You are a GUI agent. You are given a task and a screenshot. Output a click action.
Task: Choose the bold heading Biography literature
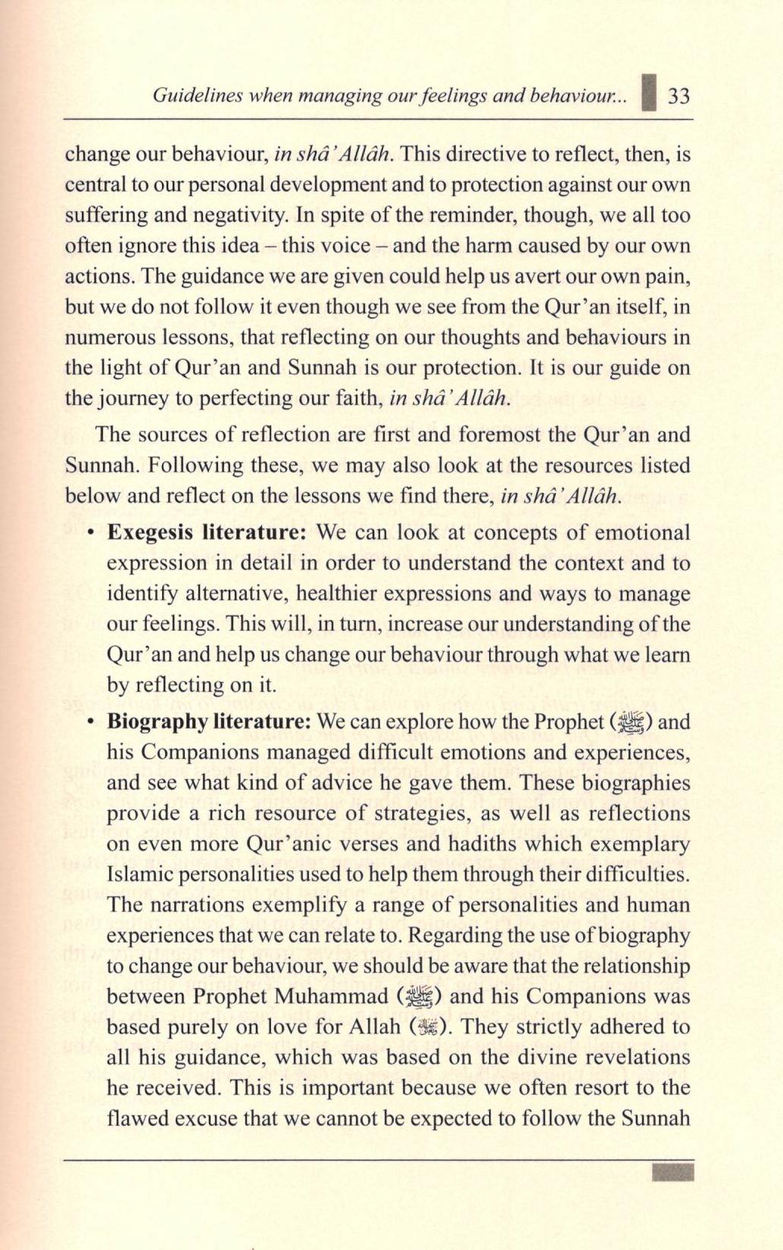(208, 722)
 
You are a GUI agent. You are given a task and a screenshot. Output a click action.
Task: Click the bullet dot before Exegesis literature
(90, 533)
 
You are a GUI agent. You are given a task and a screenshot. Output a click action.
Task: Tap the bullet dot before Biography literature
(90, 722)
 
